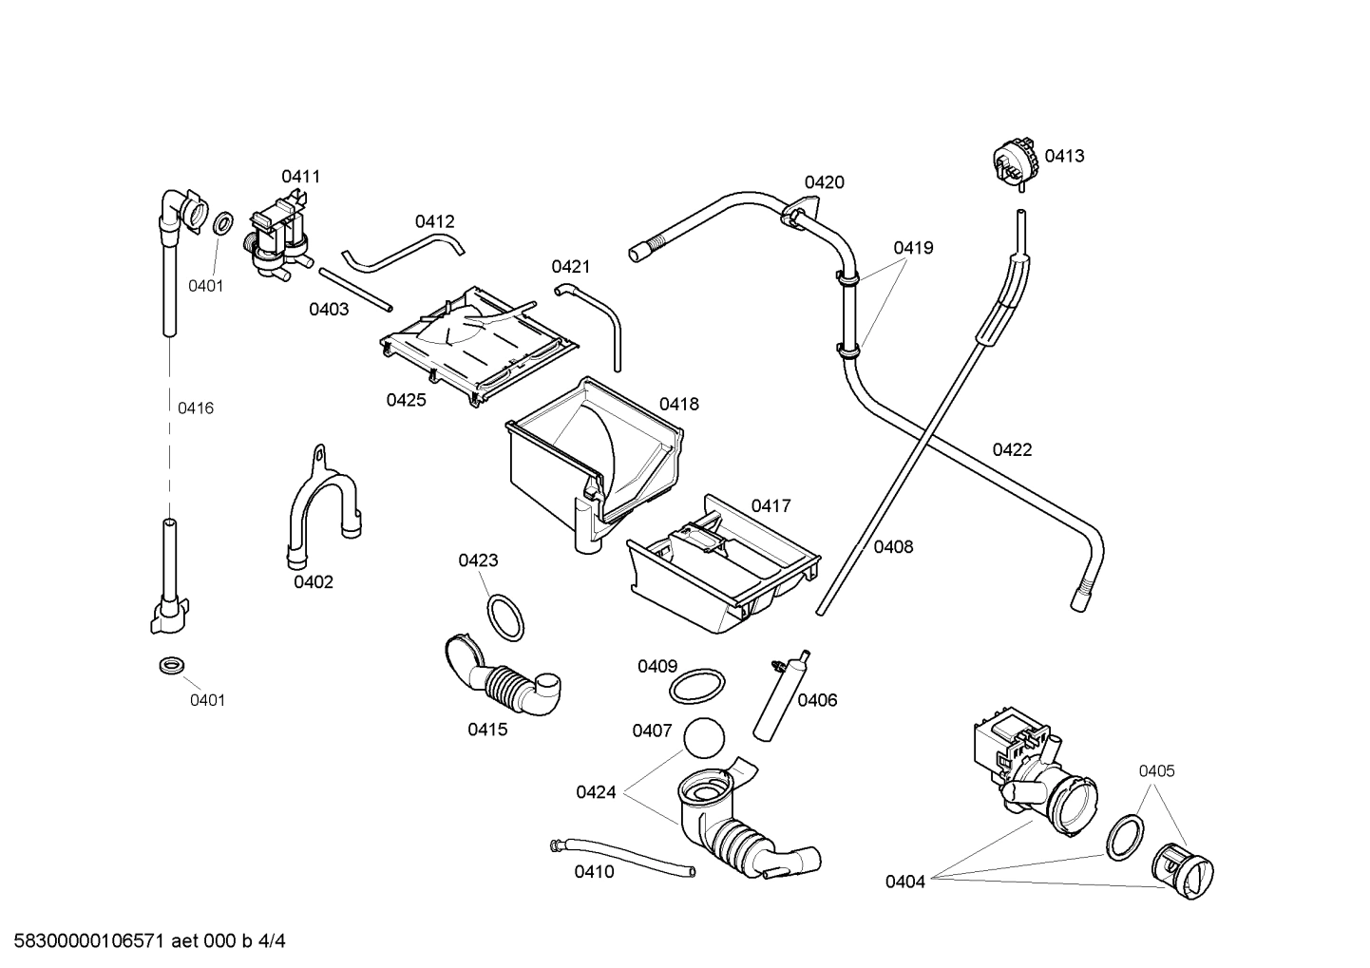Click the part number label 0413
[1064, 156]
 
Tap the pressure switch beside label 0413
[1014, 160]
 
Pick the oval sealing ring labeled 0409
[697, 685]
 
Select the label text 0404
[904, 882]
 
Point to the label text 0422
[1012, 449]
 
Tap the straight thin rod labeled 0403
[356, 289]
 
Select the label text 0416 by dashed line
[196, 408]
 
